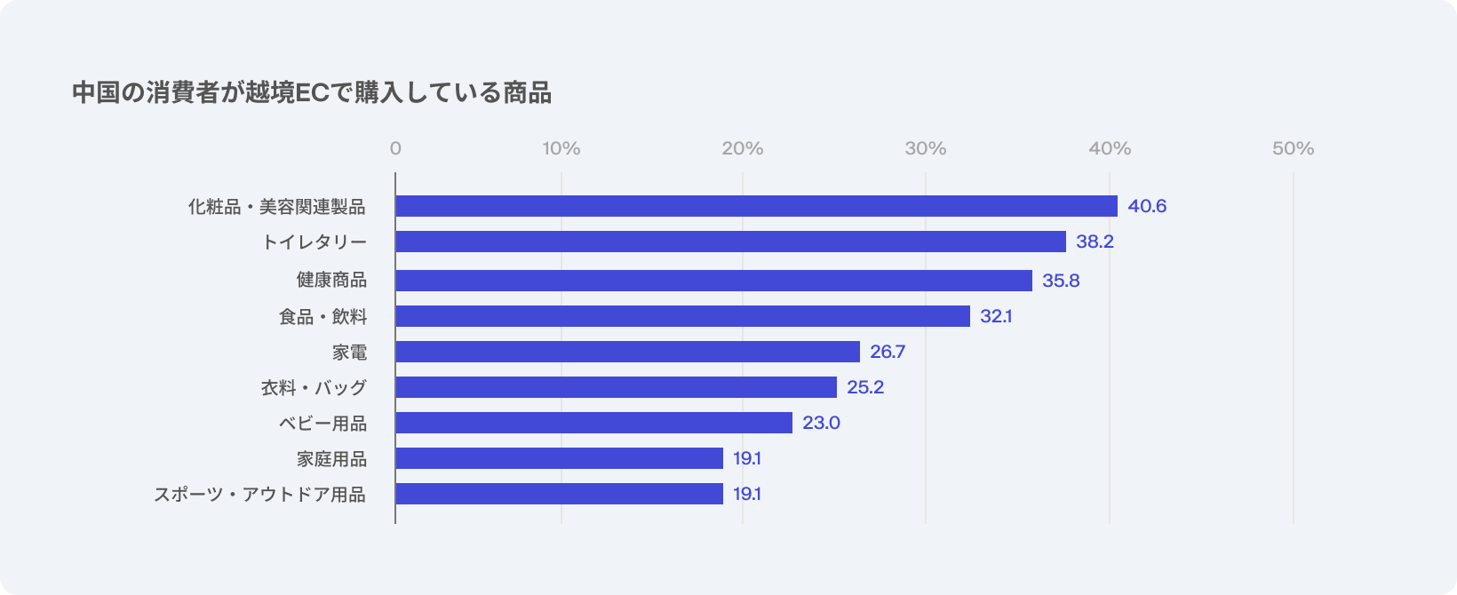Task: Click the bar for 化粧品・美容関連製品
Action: tap(756, 206)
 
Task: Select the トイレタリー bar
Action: tap(730, 242)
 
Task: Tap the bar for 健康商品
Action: tap(713, 281)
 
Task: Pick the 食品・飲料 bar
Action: tap(682, 316)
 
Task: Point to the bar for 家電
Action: tap(627, 352)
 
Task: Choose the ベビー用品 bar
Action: tap(593, 423)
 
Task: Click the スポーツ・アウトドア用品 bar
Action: tap(559, 494)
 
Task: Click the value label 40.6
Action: tap(1147, 206)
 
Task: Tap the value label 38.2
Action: tap(1095, 242)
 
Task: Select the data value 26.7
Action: tap(888, 352)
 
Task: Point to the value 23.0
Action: tap(821, 423)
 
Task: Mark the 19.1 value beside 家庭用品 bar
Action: tap(747, 458)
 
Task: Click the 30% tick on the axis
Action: tap(926, 148)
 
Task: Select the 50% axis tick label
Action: tap(1293, 148)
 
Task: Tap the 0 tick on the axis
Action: tap(395, 148)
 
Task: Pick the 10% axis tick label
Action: tap(561, 148)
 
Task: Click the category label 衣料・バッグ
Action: tap(314, 388)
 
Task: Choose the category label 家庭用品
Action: tap(331, 459)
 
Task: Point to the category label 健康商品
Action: tap(331, 281)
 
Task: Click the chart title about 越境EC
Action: tap(312, 92)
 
